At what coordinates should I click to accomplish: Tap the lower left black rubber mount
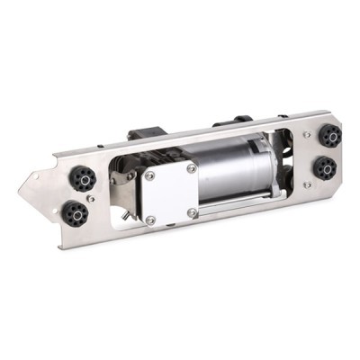75,213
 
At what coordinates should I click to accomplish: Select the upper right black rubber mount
329,137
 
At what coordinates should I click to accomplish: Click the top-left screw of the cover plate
149,176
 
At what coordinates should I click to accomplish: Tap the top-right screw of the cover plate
192,167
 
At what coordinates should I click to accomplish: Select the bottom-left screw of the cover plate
150,219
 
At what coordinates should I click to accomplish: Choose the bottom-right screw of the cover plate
193,212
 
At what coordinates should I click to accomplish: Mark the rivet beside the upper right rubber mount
308,135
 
